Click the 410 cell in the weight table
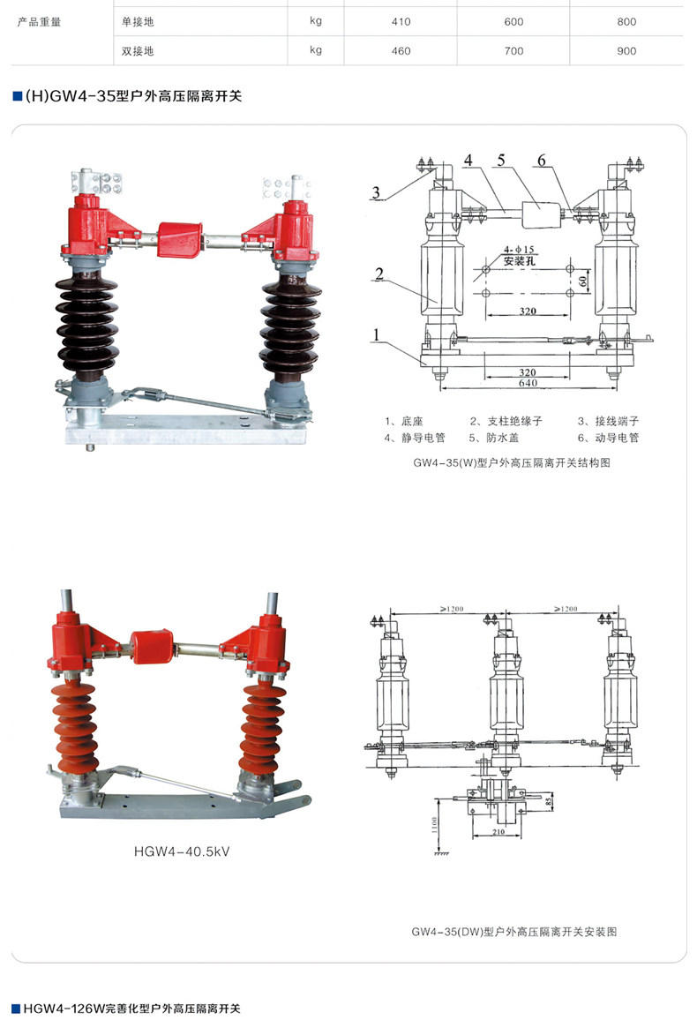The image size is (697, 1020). click(x=401, y=22)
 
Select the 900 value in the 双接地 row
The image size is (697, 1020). click(x=626, y=51)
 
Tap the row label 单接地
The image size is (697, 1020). click(x=138, y=22)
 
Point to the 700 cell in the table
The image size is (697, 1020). click(x=513, y=51)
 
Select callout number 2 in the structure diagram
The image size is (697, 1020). click(x=378, y=274)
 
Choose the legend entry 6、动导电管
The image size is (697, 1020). click(x=608, y=438)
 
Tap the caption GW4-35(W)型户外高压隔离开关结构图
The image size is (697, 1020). click(x=511, y=463)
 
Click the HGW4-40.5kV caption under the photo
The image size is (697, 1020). click(x=176, y=851)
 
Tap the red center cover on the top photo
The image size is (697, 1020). click(x=180, y=238)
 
